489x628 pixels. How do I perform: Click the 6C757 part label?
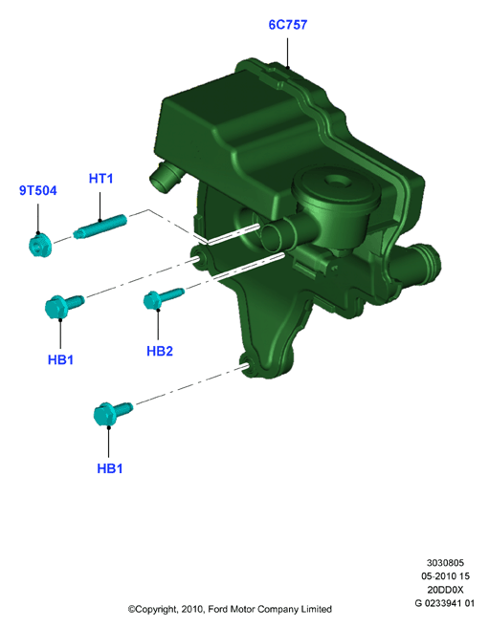pyautogui.click(x=288, y=25)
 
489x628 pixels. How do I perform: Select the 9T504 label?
pyautogui.click(x=38, y=190)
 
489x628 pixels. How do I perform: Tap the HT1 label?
pyautogui.click(x=100, y=179)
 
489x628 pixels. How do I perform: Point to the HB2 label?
pyautogui.click(x=160, y=351)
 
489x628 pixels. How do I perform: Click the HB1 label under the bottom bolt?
pyautogui.click(x=109, y=468)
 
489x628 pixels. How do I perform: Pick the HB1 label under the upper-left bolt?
pyautogui.click(x=60, y=359)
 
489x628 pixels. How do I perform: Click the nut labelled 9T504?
pyautogui.click(x=39, y=246)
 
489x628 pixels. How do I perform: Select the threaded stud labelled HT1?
pyautogui.click(x=100, y=227)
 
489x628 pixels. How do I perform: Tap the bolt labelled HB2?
pyautogui.click(x=163, y=298)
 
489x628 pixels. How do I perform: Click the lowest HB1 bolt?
pyautogui.click(x=112, y=413)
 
